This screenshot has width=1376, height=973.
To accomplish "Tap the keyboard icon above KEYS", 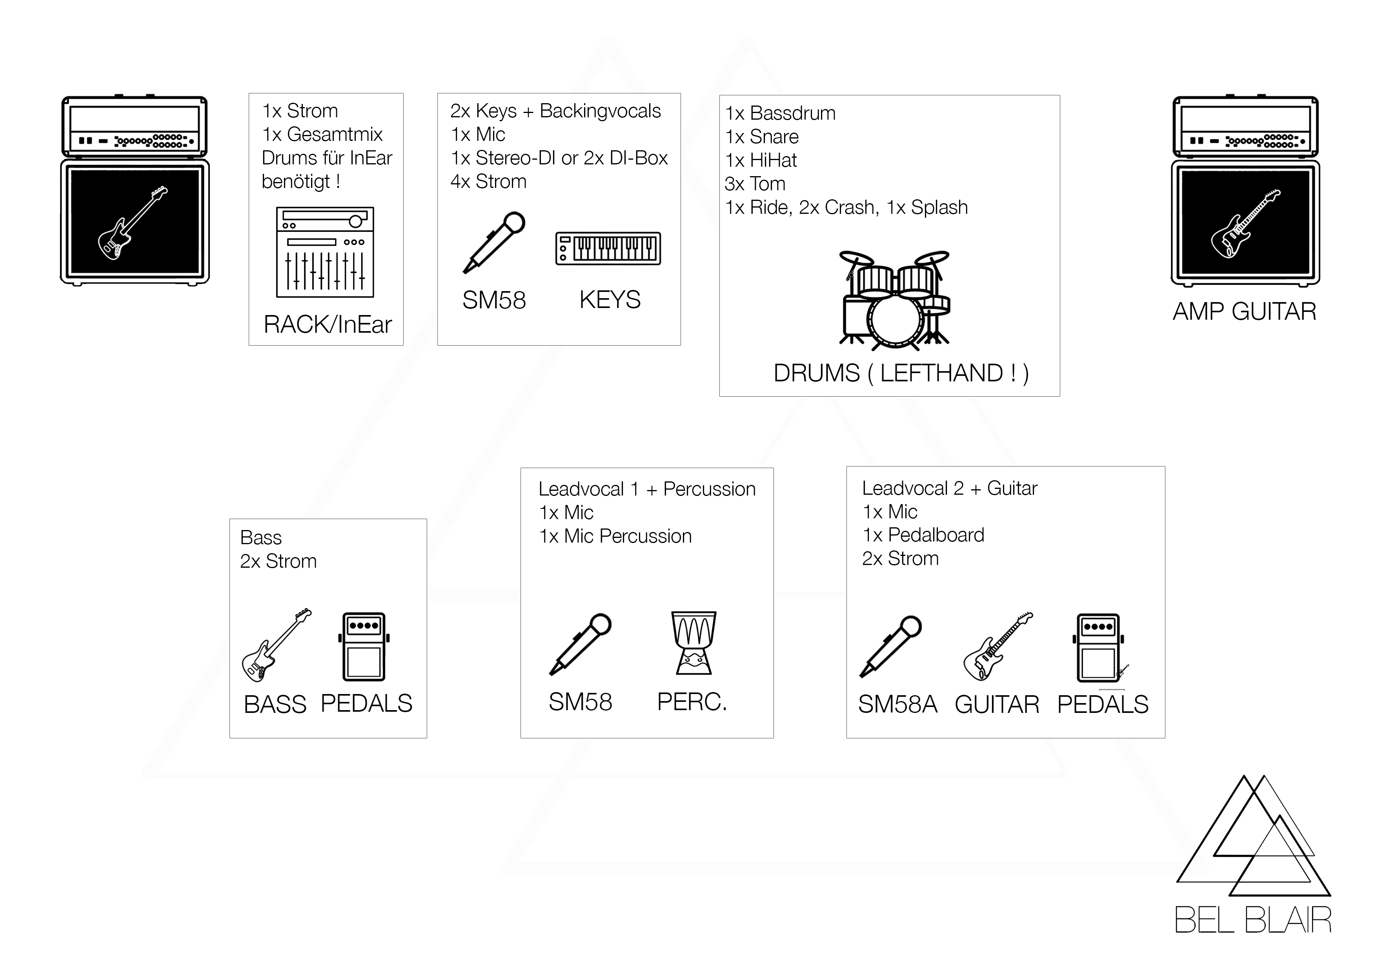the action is tap(608, 248).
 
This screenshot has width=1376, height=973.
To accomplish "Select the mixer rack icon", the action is tap(325, 252).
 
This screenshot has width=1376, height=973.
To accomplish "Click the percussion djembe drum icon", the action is tap(694, 643).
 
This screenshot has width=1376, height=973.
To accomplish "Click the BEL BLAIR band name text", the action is tap(1252, 920).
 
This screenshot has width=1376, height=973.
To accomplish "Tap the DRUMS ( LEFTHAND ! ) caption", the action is tap(901, 373).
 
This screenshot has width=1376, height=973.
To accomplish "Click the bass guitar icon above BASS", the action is tap(276, 645).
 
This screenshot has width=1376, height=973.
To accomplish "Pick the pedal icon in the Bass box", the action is tap(364, 647).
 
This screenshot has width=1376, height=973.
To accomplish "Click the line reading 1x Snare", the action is tap(762, 137).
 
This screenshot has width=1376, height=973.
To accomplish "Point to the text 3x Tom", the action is tap(755, 184).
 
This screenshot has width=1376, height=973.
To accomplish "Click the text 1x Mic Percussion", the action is tap(615, 536).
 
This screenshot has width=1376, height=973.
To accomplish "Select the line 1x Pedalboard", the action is tap(923, 535).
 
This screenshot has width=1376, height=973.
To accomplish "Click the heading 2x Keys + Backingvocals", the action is tap(555, 111).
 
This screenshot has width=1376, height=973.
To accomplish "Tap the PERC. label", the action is tap(692, 702).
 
